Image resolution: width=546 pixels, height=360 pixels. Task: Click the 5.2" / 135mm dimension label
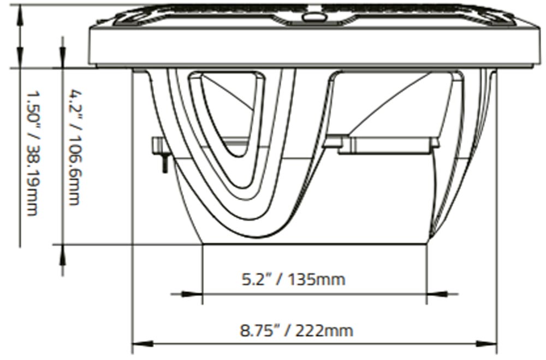(x=293, y=280)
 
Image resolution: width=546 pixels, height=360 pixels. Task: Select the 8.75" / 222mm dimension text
(x=296, y=330)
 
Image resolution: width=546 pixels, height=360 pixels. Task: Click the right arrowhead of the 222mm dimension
(x=486, y=344)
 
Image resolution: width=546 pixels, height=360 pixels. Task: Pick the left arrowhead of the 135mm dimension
(x=192, y=294)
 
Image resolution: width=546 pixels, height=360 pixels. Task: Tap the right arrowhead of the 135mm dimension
(x=437, y=294)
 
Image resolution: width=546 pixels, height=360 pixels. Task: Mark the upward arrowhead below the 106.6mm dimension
(x=63, y=255)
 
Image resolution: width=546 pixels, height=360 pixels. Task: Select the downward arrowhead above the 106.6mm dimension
(x=63, y=57)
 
